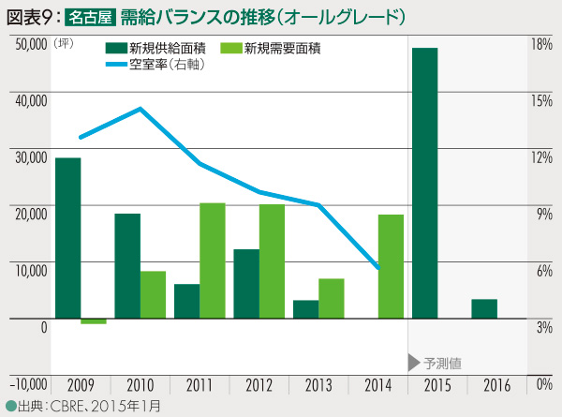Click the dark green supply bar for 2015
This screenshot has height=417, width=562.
point(425,184)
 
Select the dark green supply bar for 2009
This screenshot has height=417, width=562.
point(67,238)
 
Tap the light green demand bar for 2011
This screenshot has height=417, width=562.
point(213,261)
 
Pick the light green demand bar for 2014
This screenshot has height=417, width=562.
point(391,266)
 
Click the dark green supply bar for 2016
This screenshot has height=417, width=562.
point(484,309)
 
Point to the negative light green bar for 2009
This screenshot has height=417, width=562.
point(94,321)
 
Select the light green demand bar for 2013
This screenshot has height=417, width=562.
point(332,298)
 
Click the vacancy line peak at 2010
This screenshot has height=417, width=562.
point(140,109)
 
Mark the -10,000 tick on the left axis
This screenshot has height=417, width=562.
point(27,382)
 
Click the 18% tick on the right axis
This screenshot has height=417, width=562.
point(541,43)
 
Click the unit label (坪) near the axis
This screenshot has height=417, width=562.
point(64,43)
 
